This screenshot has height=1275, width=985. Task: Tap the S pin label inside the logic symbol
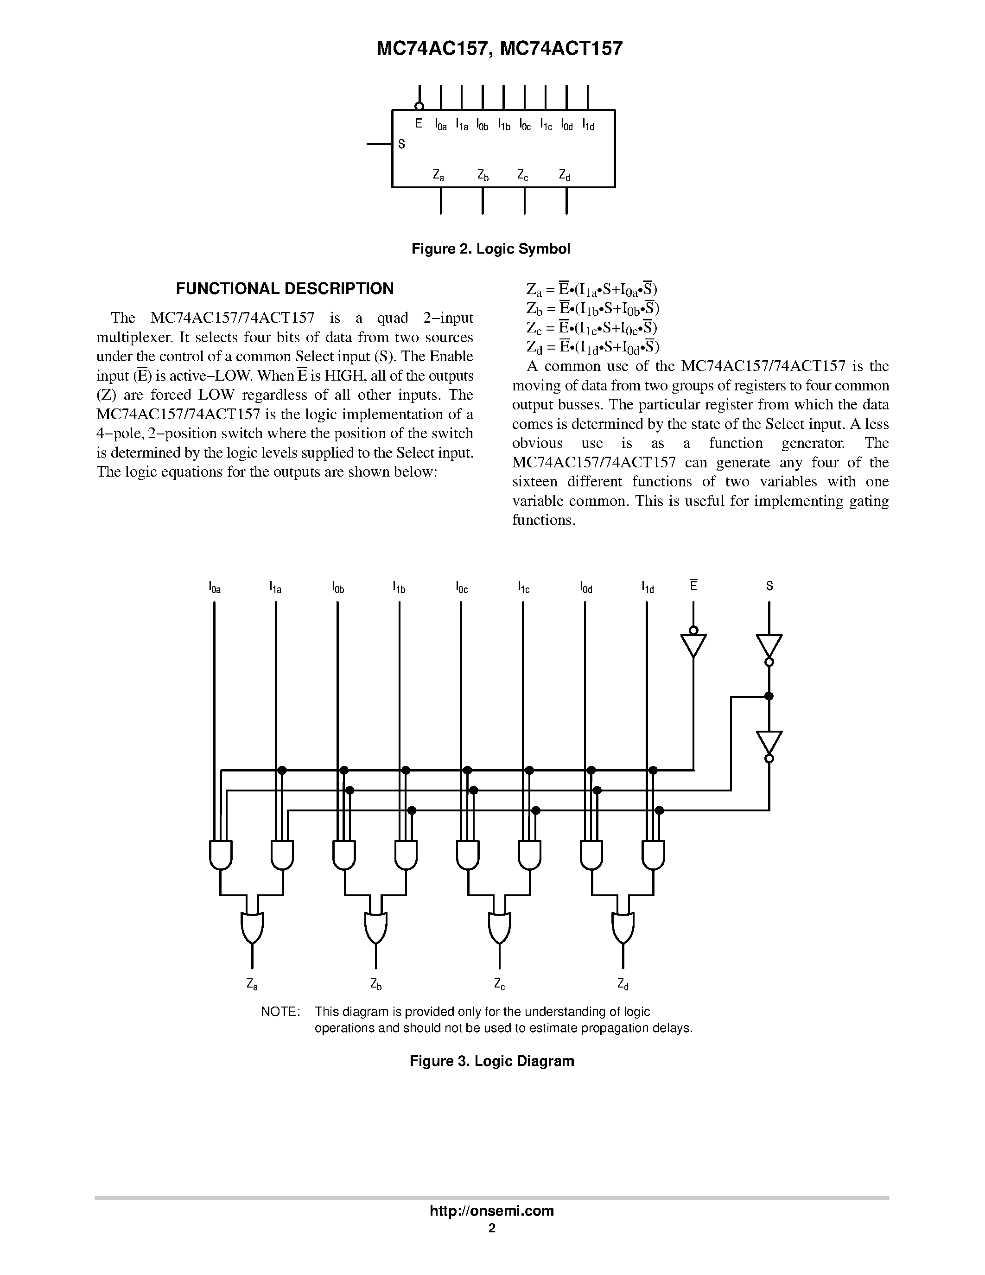tap(401, 144)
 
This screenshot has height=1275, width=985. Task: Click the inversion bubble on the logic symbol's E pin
tap(419, 106)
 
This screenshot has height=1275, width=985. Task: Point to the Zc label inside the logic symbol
tap(523, 175)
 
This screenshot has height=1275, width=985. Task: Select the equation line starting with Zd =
tap(593, 347)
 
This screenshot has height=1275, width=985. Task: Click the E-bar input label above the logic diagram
tap(693, 585)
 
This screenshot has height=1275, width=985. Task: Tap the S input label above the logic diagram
tap(769, 586)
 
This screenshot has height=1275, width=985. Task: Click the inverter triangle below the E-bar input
tap(693, 645)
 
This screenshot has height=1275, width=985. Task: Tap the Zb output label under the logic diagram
tap(376, 985)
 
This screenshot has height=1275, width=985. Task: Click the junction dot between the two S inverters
tap(769, 696)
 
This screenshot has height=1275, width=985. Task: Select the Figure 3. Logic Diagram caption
tap(492, 1061)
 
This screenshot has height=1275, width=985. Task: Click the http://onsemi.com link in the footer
tap(491, 1211)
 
